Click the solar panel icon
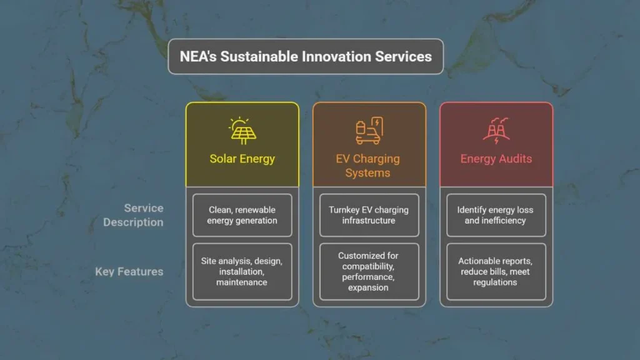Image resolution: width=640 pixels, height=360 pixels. tap(242, 131)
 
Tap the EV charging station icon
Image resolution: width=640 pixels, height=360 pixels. tap(369, 131)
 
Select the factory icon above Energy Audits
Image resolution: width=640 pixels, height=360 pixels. tap(496, 131)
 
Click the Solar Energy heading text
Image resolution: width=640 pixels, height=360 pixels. tap(242, 159)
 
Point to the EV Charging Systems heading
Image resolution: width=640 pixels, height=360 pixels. tap(367, 166)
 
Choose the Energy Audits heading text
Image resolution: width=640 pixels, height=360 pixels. tap(496, 159)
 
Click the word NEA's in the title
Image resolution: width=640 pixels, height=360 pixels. tap(198, 56)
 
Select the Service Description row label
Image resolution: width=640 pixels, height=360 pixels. tap(133, 215)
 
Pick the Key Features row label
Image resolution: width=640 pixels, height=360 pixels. tap(129, 271)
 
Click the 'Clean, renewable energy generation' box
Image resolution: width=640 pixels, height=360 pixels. tap(242, 215)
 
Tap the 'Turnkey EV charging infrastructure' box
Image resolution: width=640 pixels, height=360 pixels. tap(369, 215)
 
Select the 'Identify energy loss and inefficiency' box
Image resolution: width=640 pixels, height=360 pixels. tap(496, 215)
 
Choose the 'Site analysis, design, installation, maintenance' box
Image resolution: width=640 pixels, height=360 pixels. tap(242, 271)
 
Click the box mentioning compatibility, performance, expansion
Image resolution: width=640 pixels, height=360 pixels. tap(369, 271)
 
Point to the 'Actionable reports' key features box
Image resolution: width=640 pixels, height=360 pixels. tap(496, 271)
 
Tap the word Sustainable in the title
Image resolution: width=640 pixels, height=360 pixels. tap(253, 56)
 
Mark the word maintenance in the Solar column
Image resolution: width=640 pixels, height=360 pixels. tap(242, 282)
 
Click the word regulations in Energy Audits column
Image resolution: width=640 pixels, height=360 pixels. tap(495, 282)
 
